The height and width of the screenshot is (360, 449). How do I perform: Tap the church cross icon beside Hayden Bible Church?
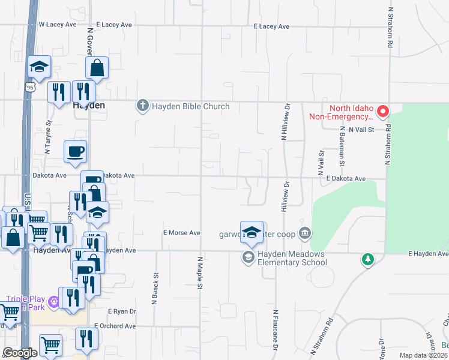pos(142,107)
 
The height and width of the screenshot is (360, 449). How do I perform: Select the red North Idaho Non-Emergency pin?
pos(382,111)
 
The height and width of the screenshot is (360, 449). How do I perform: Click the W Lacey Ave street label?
pos(58,25)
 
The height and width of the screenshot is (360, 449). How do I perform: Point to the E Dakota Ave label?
pos(346,179)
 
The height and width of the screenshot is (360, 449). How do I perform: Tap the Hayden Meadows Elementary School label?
pos(292,259)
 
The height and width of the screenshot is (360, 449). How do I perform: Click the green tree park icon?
pos(367,260)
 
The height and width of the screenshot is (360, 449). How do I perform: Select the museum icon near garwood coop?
pos(305,233)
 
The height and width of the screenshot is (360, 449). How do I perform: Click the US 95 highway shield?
pos(31,88)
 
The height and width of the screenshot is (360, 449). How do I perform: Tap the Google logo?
pos(20,353)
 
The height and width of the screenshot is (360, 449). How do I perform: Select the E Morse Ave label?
pos(181,233)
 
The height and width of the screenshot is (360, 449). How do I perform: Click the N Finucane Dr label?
pos(276,330)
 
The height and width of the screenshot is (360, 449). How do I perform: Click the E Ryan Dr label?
pos(122,312)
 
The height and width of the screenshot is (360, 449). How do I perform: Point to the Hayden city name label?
pos(89,105)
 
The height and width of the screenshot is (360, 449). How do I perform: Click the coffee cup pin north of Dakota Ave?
pos(76,152)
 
